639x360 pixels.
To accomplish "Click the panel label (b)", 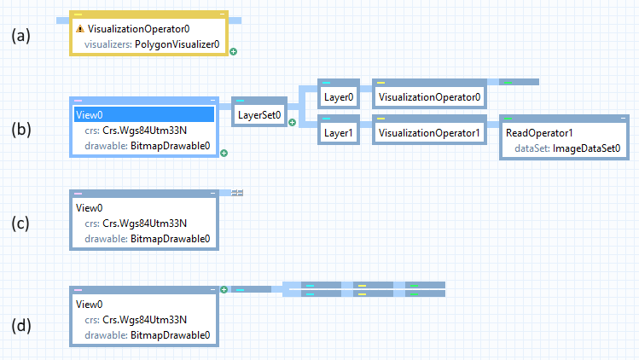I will pyautogui.click(x=20, y=130).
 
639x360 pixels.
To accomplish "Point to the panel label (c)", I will pyautogui.click(x=20, y=224).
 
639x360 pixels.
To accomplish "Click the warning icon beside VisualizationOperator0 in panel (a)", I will pyautogui.click(x=79, y=28).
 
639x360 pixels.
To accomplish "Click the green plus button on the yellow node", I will pyautogui.click(x=233, y=52).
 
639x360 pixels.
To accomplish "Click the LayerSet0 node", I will pyautogui.click(x=260, y=115).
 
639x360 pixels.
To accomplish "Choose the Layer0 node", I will pyautogui.click(x=339, y=97).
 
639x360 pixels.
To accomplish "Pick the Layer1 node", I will pyautogui.click(x=339, y=133).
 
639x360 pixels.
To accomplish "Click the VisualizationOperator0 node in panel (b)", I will pyautogui.click(x=430, y=97).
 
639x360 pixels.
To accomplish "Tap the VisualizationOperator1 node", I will pyautogui.click(x=430, y=133).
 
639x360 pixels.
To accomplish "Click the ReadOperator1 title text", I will pyautogui.click(x=539, y=133).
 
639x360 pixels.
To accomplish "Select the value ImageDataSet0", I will pyautogui.click(x=586, y=148).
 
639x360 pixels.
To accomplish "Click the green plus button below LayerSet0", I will pyautogui.click(x=292, y=123).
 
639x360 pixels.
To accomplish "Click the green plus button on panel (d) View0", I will pyautogui.click(x=224, y=290).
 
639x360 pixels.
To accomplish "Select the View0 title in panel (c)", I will pyautogui.click(x=90, y=207).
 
